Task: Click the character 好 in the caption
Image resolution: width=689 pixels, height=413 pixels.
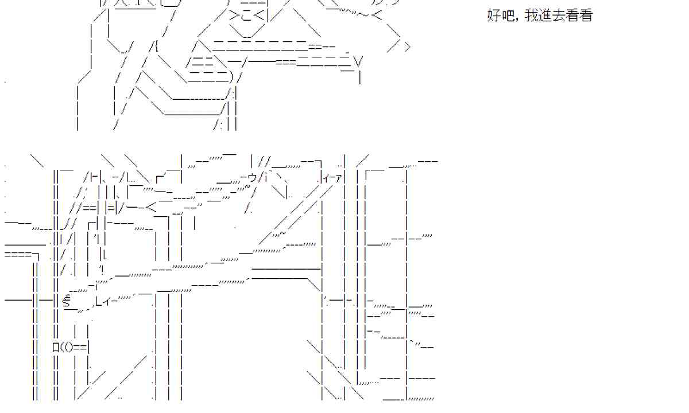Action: pyautogui.click(x=494, y=15)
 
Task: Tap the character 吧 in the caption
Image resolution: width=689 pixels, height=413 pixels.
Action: pyautogui.click(x=507, y=15)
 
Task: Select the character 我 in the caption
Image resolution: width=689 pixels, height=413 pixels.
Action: pyautogui.click(x=532, y=15)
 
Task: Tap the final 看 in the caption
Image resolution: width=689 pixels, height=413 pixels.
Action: pyautogui.click(x=586, y=15)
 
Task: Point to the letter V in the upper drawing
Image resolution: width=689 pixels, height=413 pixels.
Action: pyautogui.click(x=359, y=60)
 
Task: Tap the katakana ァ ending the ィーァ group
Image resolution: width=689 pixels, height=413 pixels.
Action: pyautogui.click(x=339, y=179)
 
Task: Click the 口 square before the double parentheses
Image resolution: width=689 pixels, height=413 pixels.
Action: pyautogui.click(x=56, y=346)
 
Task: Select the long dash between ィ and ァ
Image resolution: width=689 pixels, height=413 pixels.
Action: pyautogui.click(x=331, y=179)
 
